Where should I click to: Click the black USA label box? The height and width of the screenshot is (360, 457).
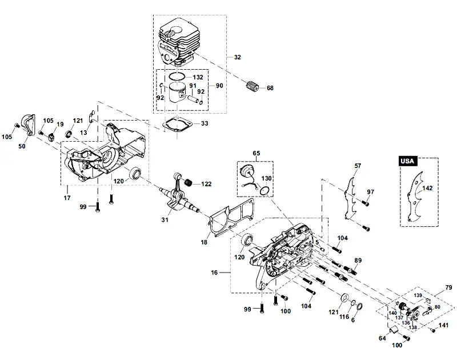pyautogui.click(x=407, y=161)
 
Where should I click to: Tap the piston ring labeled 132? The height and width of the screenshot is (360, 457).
pyautogui.click(x=177, y=77)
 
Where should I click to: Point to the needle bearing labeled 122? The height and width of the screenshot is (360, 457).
pyautogui.click(x=190, y=183)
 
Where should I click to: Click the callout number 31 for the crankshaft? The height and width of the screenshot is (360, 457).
pyautogui.click(x=165, y=220)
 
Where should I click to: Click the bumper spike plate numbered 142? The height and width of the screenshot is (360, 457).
pyautogui.click(x=415, y=196)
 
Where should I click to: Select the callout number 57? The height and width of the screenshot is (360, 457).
pyautogui.click(x=358, y=166)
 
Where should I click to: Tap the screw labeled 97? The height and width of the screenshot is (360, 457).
pyautogui.click(x=364, y=202)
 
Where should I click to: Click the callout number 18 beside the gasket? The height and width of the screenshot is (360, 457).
pyautogui.click(x=204, y=242)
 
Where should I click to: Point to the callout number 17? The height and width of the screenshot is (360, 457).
pyautogui.click(x=67, y=198)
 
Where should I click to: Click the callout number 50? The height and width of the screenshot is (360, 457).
pyautogui.click(x=22, y=146)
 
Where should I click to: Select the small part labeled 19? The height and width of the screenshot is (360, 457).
pyautogui.click(x=51, y=136)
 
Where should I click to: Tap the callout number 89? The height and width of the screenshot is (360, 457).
pyautogui.click(x=358, y=261)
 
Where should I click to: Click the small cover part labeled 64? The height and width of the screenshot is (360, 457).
pyautogui.click(x=393, y=330)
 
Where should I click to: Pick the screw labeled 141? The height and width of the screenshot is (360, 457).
pyautogui.click(x=433, y=330)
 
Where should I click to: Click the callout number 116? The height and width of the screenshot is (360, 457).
pyautogui.click(x=344, y=317)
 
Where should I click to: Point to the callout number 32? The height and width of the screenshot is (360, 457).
pyautogui.click(x=238, y=57)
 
